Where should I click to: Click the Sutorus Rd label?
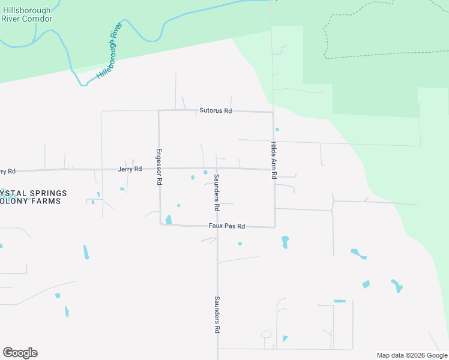[215, 111]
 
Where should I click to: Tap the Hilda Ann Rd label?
[274, 161]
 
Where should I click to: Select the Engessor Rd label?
[159, 166]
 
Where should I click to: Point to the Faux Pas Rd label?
[226, 226]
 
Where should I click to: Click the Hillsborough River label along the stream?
[109, 52]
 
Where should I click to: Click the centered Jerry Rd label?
[130, 169]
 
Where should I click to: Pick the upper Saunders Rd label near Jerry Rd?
[216, 192]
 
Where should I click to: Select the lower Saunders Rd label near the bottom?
[217, 315]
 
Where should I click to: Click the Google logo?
[20, 353]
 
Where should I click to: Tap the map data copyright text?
[411, 355]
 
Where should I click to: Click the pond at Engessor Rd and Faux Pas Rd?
[169, 220]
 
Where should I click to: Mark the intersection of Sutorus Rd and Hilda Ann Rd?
[273, 112]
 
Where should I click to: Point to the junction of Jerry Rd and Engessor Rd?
[159, 169]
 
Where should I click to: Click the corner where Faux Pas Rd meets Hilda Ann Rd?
[275, 227]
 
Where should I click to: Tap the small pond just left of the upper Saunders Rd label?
[205, 173]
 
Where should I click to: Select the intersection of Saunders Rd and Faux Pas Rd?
[217, 226]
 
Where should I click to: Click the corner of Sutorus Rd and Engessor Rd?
[158, 110]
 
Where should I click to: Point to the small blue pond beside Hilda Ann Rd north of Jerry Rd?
[277, 129]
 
